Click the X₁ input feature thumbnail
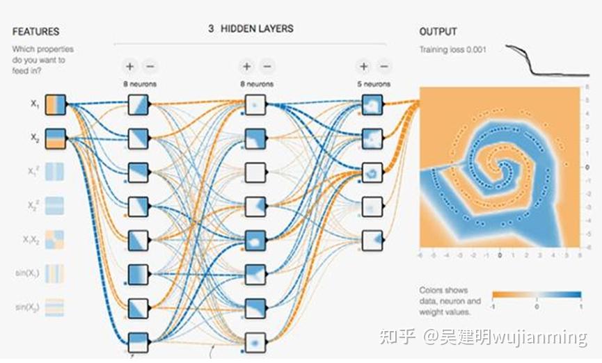pyautogui.click(x=55, y=105)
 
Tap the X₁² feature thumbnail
pyautogui.click(x=55, y=171)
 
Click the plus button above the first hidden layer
pyautogui.click(x=129, y=67)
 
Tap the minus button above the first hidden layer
pyautogui.click(x=150, y=67)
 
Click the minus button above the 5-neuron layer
pyautogui.click(x=384, y=67)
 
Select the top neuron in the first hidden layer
pyautogui.click(x=138, y=105)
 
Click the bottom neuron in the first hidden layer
pyautogui.click(x=138, y=341)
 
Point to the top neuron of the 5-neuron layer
pyautogui.click(x=372, y=105)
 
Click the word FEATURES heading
pyautogui.click(x=35, y=32)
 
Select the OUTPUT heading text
pyautogui.click(x=438, y=32)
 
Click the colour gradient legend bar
pyautogui.click(x=535, y=294)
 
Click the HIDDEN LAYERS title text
pyautogui.click(x=257, y=29)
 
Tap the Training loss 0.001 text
pyautogui.click(x=452, y=50)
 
